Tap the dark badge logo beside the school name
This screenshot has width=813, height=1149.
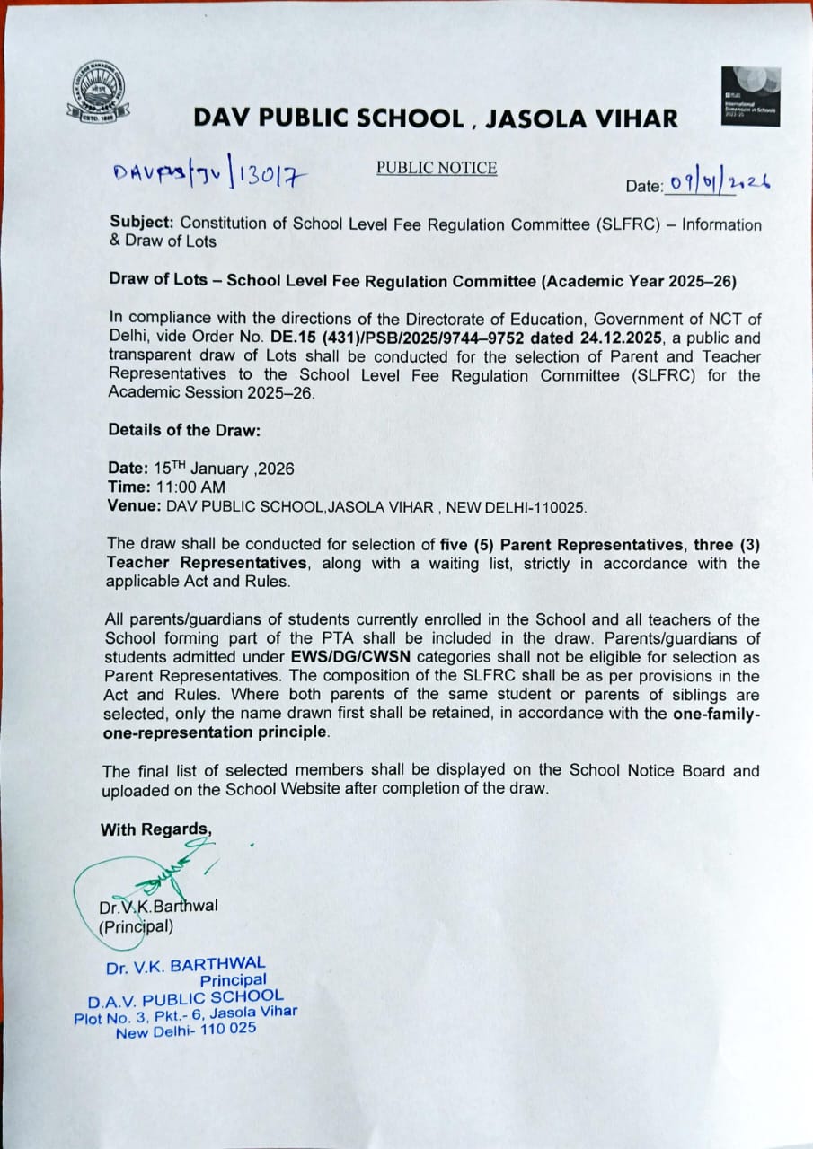pyautogui.click(x=750, y=96)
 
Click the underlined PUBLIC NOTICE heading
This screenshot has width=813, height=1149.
pyautogui.click(x=437, y=168)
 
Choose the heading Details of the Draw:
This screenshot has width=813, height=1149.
pyautogui.click(x=184, y=430)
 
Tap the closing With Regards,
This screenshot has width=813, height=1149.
pyautogui.click(x=156, y=829)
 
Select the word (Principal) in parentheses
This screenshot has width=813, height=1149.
pyautogui.click(x=136, y=925)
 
